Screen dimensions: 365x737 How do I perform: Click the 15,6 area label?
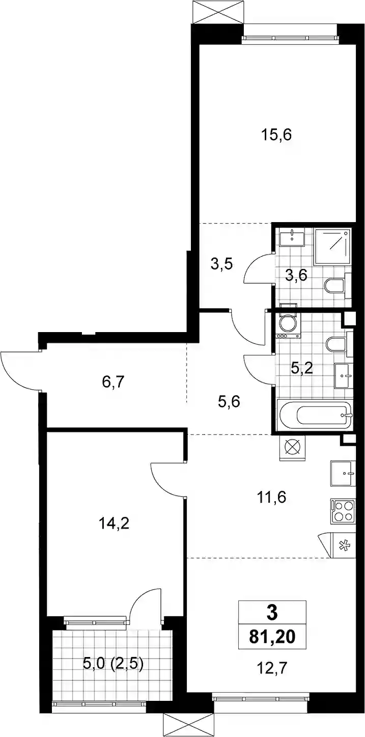point(276,135)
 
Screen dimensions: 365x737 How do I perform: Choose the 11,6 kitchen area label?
point(272,497)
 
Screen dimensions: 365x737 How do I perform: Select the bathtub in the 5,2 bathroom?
point(315,415)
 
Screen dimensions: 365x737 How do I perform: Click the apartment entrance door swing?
point(20,370)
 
